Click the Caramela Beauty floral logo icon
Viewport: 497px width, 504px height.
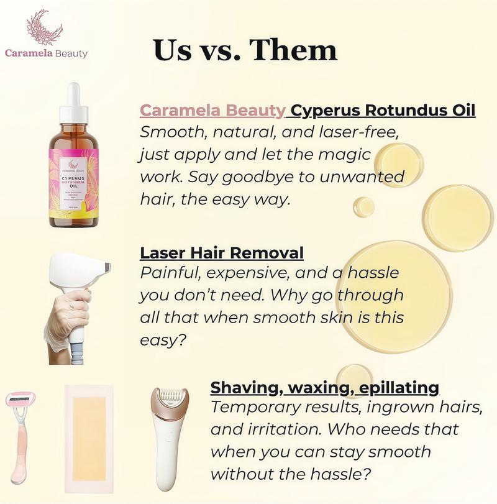(45, 27)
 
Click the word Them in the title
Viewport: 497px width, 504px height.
(295, 50)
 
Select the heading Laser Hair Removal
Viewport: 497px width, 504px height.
(222, 253)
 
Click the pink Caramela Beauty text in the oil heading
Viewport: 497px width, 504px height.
(212, 111)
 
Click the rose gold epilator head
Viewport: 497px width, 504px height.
(170, 404)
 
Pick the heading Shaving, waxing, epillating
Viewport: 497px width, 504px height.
(325, 387)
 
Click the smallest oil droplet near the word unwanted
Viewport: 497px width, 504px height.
(363, 207)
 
